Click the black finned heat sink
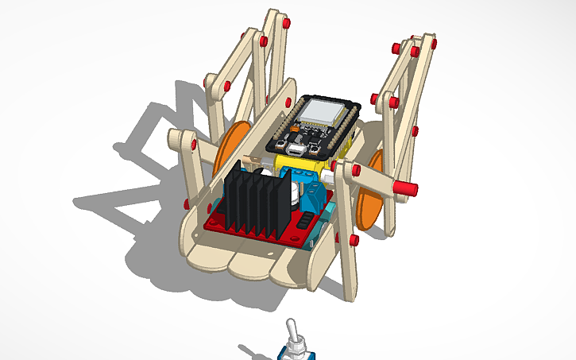pyautogui.click(x=253, y=199)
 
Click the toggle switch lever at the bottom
pyautogui.click(x=293, y=334)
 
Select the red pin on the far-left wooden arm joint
pyautogui.click(x=193, y=144)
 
